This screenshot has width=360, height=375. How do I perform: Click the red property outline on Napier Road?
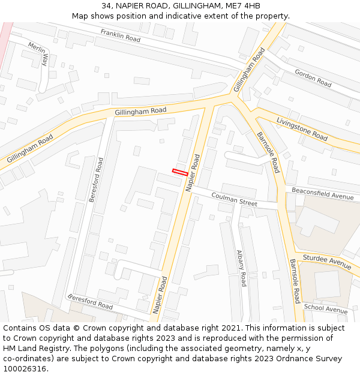click(x=180, y=172)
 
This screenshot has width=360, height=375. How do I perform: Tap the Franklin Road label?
click(x=120, y=35)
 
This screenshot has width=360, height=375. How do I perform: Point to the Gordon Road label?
click(x=313, y=78)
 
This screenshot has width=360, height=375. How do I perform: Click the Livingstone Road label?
click(x=302, y=129)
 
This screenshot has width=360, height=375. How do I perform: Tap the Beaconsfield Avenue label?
click(x=323, y=193)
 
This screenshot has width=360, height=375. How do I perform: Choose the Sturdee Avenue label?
click(x=326, y=262)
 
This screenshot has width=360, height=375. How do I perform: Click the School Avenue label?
click(x=325, y=309)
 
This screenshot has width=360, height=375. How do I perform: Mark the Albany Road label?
click(x=242, y=268)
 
